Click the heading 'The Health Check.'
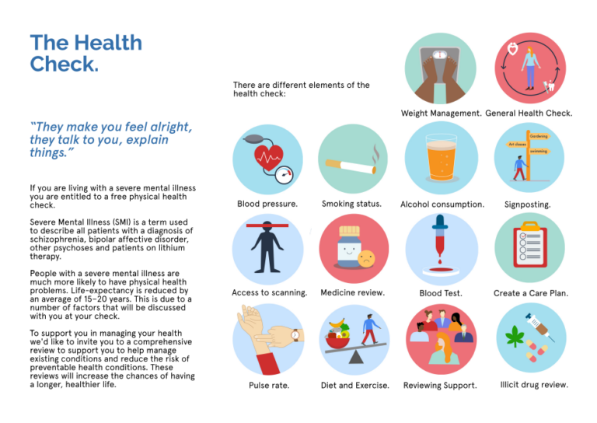pyautogui.click(x=86, y=52)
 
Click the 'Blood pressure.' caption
pyautogui.click(x=267, y=205)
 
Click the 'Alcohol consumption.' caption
pyautogui.click(x=442, y=205)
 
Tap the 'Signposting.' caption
pyautogui.click(x=528, y=205)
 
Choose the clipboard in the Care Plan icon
pyautogui.click(x=529, y=248)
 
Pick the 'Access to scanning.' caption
pyautogui.click(x=269, y=293)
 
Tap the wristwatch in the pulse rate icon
pyautogui.click(x=295, y=336)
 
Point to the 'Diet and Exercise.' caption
pyautogui.click(x=355, y=385)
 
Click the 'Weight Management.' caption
pyautogui.click(x=441, y=114)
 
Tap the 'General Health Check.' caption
pyautogui.click(x=529, y=114)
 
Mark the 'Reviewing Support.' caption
pyautogui.click(x=440, y=385)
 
